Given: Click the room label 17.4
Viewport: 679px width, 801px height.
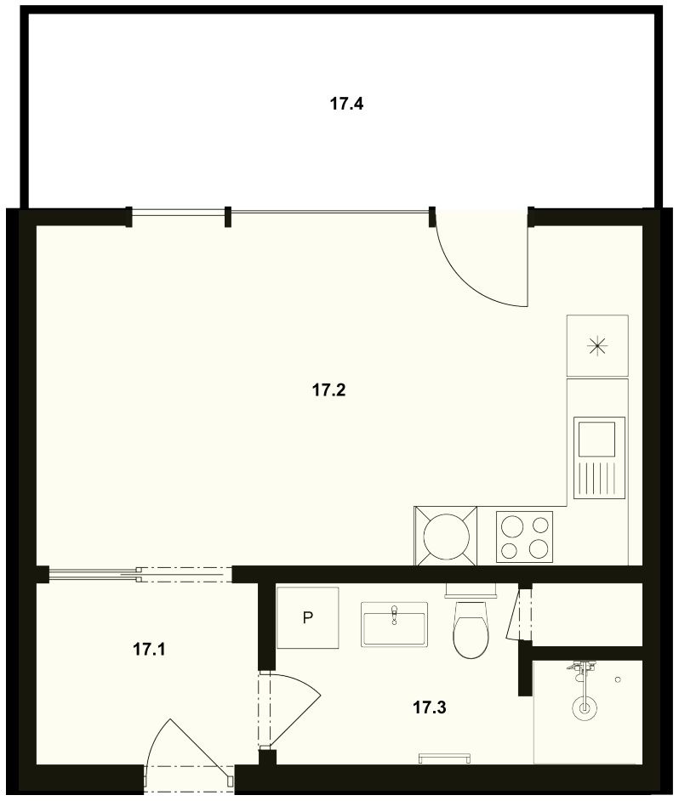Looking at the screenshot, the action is (x=346, y=105).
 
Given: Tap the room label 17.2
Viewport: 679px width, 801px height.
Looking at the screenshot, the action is (x=328, y=391).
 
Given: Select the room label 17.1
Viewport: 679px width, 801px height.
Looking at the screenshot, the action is (x=149, y=650).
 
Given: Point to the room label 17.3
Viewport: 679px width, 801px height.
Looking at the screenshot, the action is (x=430, y=707).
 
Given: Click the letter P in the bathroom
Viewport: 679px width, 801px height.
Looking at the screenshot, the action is (x=307, y=618).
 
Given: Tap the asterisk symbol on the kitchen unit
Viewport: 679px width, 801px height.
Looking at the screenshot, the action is (x=596, y=347).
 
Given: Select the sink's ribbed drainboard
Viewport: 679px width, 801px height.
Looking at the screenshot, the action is (x=599, y=479).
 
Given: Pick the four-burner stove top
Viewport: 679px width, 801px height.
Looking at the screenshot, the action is (x=525, y=537).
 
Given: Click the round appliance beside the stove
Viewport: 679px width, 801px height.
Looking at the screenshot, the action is (x=446, y=537).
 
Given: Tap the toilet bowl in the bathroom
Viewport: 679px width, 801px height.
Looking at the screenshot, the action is (x=471, y=630).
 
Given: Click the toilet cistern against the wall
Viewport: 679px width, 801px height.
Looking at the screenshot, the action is (x=471, y=590).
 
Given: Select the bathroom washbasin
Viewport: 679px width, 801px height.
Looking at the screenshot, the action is (x=394, y=624).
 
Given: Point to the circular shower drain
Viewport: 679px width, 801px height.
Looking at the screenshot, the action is (x=584, y=708).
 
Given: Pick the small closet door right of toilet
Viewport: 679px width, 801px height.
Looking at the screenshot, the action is (x=514, y=614).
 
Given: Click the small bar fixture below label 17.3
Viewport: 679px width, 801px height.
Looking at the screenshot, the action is (x=445, y=758).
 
